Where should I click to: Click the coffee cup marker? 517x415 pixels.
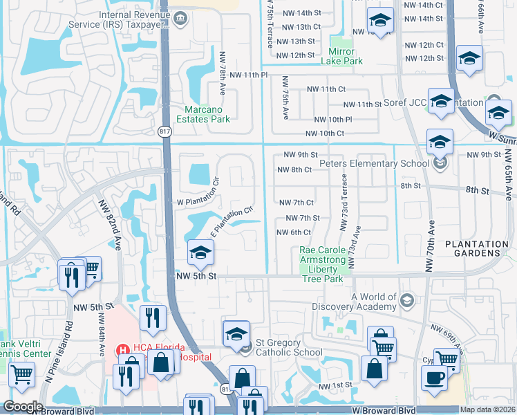(434, 378)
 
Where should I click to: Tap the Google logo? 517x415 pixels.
(23, 407)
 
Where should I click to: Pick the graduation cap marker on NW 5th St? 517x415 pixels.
(200, 254)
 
